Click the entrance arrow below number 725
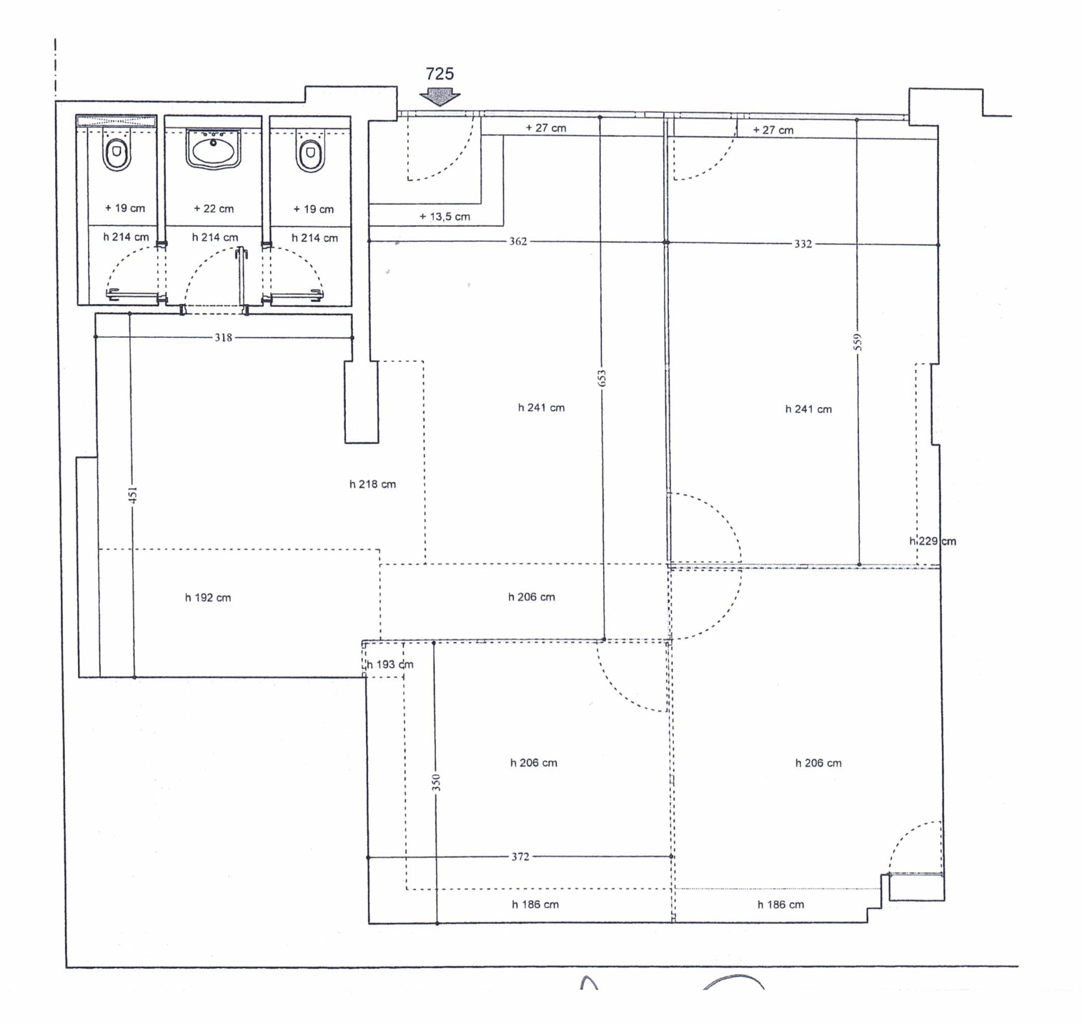pyautogui.click(x=440, y=97)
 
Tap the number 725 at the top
pyautogui.click(x=440, y=74)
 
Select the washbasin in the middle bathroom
pyautogui.click(x=213, y=149)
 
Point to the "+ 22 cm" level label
pyautogui.click(x=214, y=209)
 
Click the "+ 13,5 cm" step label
pyautogui.click(x=445, y=217)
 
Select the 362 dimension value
pyautogui.click(x=518, y=242)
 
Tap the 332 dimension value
pyautogui.click(x=803, y=244)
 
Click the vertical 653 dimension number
pyautogui.click(x=602, y=378)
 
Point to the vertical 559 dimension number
pyautogui.click(x=858, y=343)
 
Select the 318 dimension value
pyautogui.click(x=224, y=338)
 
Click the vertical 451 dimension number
pyautogui.click(x=133, y=495)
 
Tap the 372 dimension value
pyautogui.click(x=520, y=857)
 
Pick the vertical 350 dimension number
pyautogui.click(x=436, y=782)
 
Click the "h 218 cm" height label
pyautogui.click(x=372, y=484)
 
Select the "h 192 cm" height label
pyautogui.click(x=208, y=598)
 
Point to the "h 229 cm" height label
pyautogui.click(x=933, y=541)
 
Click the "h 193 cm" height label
pyautogui.click(x=390, y=664)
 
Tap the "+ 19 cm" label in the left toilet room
pyautogui.click(x=125, y=208)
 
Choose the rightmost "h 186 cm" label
pyautogui.click(x=780, y=905)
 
